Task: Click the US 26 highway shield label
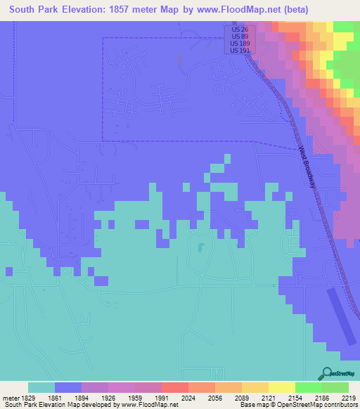(x=239, y=30)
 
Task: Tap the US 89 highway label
(x=239, y=37)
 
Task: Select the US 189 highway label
(x=239, y=44)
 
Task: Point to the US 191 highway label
(x=239, y=51)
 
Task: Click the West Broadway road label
(x=307, y=166)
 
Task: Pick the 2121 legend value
(x=269, y=397)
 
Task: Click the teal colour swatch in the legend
(x=41, y=387)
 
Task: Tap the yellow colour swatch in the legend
(x=282, y=387)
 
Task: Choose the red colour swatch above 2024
(x=175, y=387)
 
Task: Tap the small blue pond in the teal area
(x=200, y=247)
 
